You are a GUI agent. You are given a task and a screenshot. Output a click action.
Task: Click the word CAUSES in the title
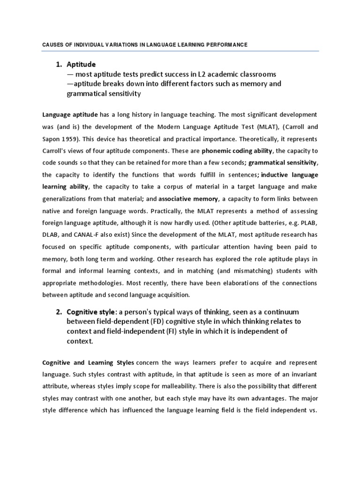[x=40, y=45]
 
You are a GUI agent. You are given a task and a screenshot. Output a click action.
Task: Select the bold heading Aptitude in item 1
[x=82, y=64]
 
